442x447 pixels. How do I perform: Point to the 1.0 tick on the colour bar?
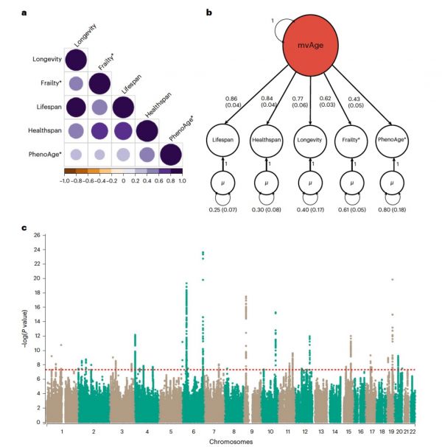pos(181,179)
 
